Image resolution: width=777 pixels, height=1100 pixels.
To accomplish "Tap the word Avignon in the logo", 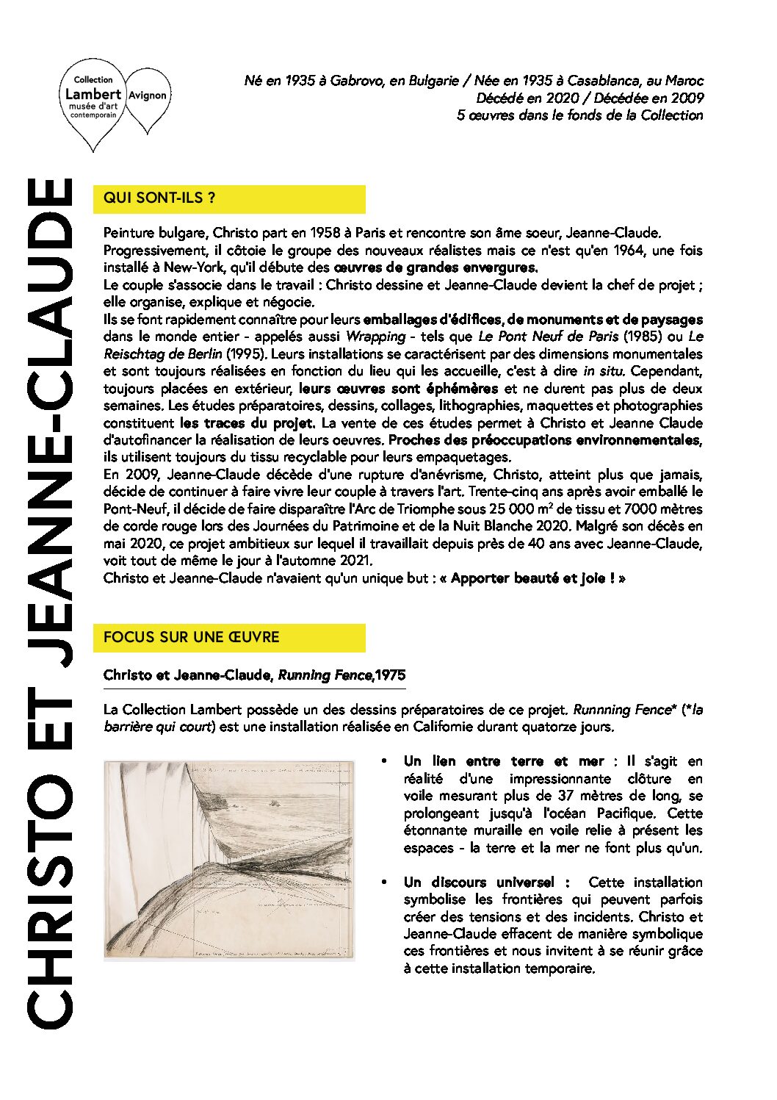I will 148,96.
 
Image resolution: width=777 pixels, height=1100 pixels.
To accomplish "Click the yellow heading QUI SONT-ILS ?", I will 159,198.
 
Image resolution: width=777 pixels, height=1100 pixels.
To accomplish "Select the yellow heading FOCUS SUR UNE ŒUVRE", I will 192,637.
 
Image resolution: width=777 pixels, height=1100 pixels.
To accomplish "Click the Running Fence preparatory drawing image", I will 229,860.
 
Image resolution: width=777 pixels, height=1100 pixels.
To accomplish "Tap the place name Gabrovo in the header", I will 356,81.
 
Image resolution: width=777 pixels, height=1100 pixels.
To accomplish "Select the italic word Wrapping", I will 375,337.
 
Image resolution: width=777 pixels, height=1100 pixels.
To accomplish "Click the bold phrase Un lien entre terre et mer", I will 503,761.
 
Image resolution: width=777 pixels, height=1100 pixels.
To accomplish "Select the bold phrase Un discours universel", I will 486,882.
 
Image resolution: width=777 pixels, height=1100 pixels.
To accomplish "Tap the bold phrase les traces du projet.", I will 247,423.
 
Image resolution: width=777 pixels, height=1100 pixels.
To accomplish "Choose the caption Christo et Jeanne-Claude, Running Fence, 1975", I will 254,675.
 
